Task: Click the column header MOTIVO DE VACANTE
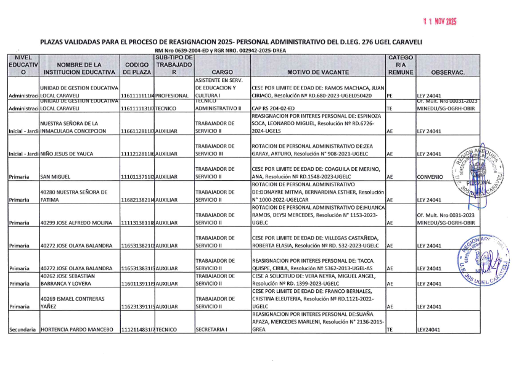click(x=318, y=72)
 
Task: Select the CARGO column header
click(x=222, y=72)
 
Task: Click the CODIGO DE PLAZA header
click(x=137, y=68)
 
